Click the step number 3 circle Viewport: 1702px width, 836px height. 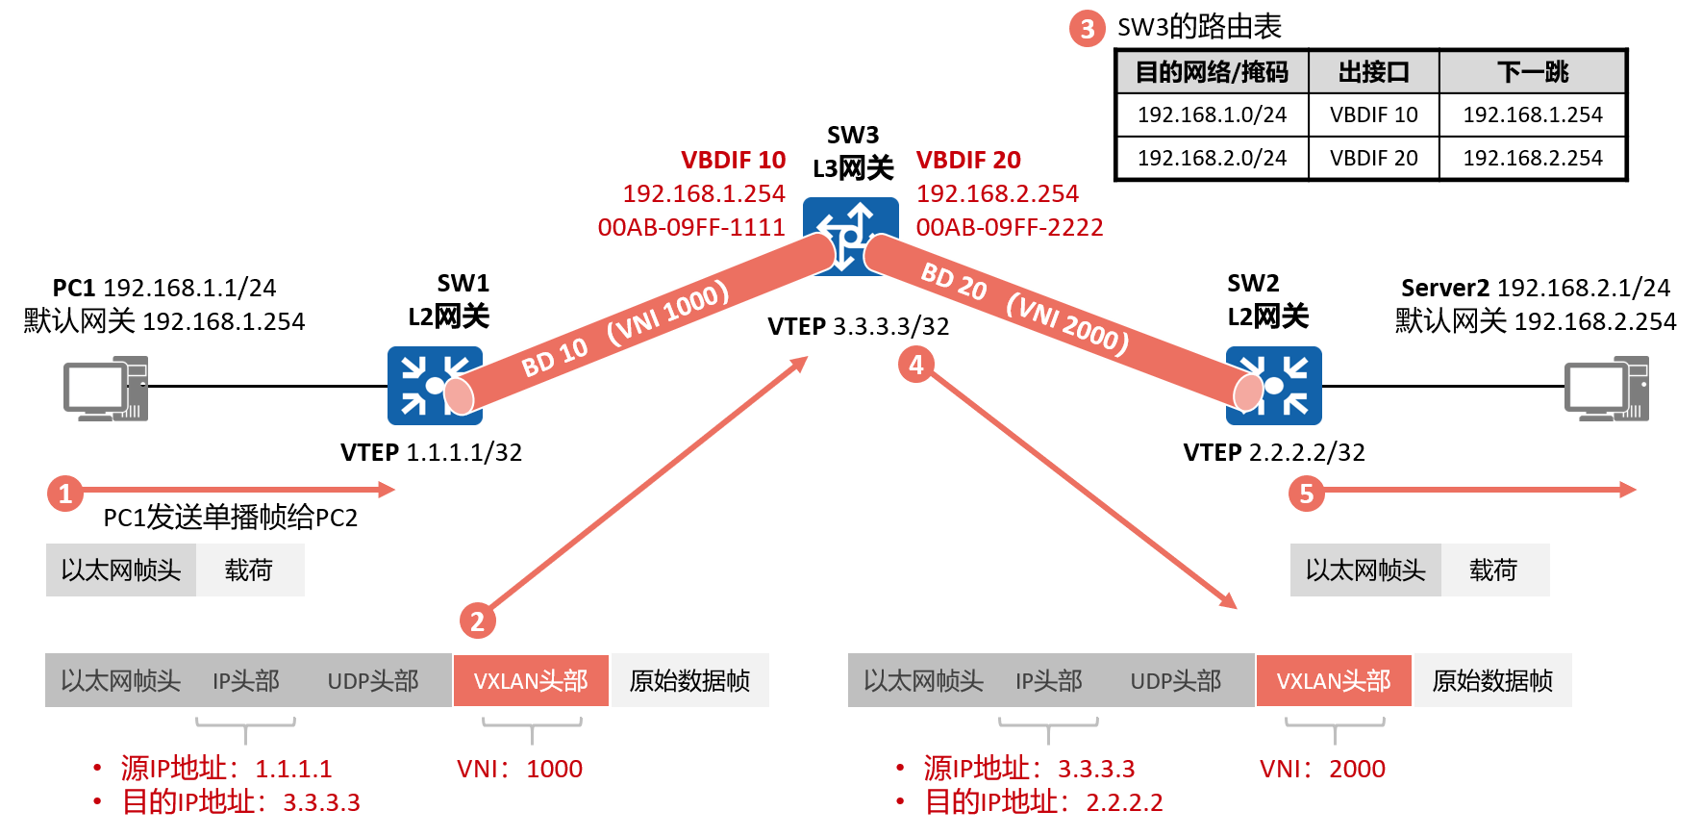(x=1088, y=29)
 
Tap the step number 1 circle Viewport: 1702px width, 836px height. (x=65, y=494)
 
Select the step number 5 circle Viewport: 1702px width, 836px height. (x=1306, y=494)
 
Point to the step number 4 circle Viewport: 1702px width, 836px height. (x=915, y=365)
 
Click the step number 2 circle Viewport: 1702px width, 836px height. (x=477, y=621)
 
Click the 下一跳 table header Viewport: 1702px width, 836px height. (x=1532, y=72)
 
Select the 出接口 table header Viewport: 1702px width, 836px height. (x=1373, y=72)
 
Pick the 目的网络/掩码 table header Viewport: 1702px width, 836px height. (x=1212, y=72)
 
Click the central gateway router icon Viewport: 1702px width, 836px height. (x=850, y=235)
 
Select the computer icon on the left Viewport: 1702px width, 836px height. (x=106, y=389)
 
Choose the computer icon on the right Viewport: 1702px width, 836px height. (x=1606, y=389)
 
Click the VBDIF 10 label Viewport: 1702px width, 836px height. (x=733, y=160)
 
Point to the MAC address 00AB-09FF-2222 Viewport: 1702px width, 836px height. (x=1010, y=227)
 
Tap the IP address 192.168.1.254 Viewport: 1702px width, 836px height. (x=704, y=193)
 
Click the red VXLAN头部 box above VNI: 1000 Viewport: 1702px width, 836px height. (x=531, y=681)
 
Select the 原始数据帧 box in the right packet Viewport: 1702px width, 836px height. (x=1492, y=681)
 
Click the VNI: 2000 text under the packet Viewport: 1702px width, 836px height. (x=1322, y=769)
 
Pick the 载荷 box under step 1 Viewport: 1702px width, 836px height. (x=249, y=570)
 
